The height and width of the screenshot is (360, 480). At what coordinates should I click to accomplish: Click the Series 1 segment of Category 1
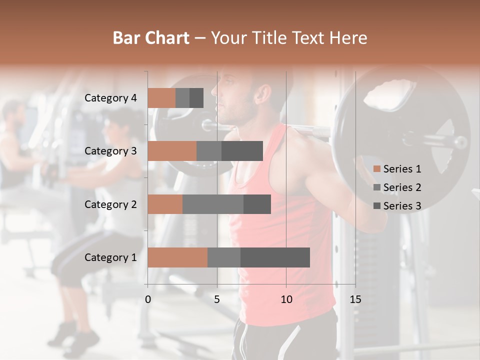tap(177, 257)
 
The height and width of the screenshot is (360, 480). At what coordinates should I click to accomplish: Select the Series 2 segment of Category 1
tap(224, 257)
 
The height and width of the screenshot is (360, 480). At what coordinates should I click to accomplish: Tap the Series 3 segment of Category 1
tap(275, 257)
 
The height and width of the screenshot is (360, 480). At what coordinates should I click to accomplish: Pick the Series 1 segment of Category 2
tap(165, 204)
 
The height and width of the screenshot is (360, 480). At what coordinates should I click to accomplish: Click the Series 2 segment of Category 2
tap(213, 204)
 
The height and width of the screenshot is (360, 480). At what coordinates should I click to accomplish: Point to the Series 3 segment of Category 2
tap(257, 204)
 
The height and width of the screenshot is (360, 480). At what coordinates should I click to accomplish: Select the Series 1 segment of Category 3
tap(172, 151)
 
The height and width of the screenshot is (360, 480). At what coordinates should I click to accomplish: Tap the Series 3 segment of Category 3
tap(242, 151)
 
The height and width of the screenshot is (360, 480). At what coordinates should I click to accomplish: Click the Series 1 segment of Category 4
tap(161, 98)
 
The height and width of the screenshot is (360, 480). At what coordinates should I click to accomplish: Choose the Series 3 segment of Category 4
tap(196, 98)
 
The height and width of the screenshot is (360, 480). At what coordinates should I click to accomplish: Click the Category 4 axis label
tap(110, 98)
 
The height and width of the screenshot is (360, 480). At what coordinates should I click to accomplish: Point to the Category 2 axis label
tap(110, 204)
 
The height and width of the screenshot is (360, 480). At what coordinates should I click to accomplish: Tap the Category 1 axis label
tap(110, 257)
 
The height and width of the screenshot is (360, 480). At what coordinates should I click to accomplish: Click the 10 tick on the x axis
tap(286, 299)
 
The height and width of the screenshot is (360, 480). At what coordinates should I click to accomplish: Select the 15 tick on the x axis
tap(355, 299)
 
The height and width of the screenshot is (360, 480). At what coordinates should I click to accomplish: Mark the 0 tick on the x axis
tap(148, 299)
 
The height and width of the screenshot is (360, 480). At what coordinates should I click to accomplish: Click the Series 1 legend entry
tap(397, 169)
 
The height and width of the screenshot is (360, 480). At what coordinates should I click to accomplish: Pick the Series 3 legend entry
tap(397, 206)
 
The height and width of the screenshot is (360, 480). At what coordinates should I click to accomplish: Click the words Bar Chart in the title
tap(151, 37)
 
